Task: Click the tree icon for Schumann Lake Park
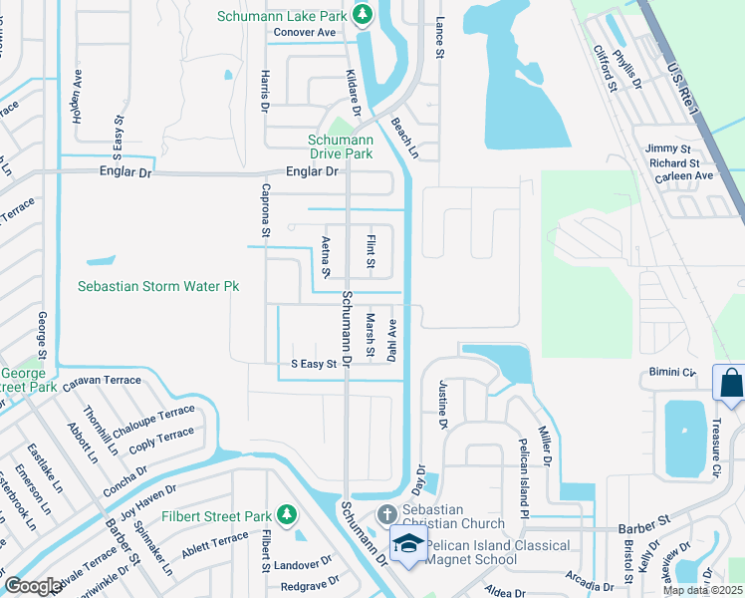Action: (x=364, y=14)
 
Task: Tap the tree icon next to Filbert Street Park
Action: (x=287, y=514)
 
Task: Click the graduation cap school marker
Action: (x=408, y=544)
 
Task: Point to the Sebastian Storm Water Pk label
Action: (x=159, y=286)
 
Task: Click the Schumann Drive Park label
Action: (x=341, y=147)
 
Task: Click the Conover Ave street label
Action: (x=305, y=32)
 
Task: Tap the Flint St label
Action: (x=370, y=251)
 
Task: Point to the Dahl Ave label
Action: (x=392, y=339)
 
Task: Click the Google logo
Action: (x=32, y=586)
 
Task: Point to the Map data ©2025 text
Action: (x=701, y=590)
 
